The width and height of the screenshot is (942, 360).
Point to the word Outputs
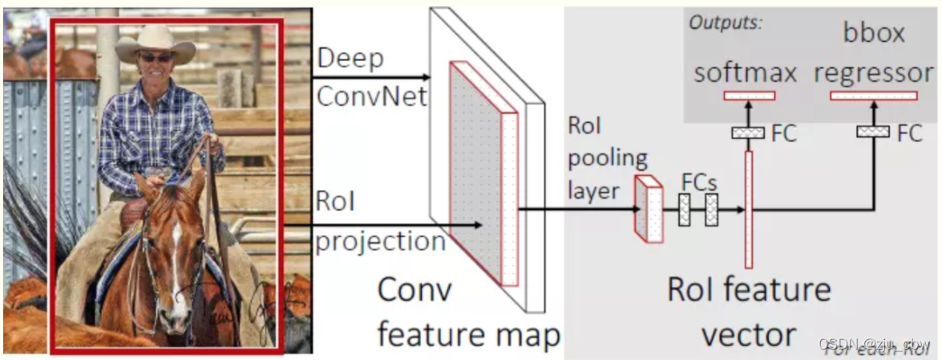pos(725,22)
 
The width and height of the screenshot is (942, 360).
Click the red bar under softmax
pos(749,95)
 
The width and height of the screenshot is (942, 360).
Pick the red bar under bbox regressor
pos(873,95)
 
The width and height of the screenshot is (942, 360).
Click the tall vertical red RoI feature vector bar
pos(749,208)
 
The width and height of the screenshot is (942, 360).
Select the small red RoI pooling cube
pos(649,208)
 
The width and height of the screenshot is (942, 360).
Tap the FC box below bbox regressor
pos(873,131)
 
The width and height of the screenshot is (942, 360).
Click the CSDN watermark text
pos(874,344)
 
